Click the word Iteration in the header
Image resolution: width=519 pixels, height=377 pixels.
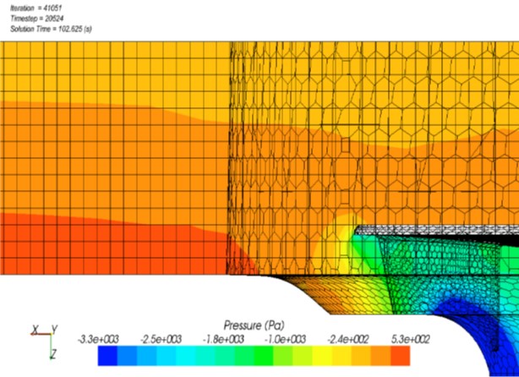point(21,7)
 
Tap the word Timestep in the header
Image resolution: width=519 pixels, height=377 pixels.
point(23,18)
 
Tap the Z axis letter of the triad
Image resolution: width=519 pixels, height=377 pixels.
point(52,352)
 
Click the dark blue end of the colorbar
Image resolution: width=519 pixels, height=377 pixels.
point(106,355)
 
